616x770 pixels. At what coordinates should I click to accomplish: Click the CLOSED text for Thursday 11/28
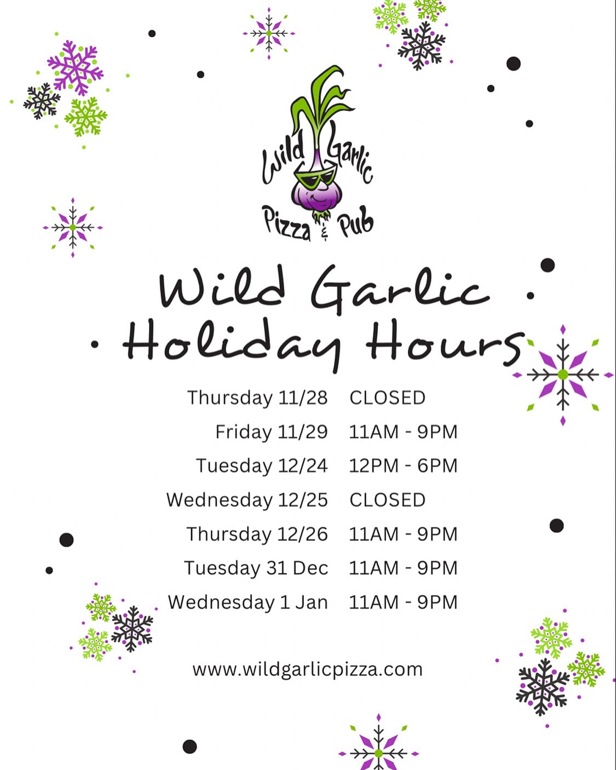(x=388, y=398)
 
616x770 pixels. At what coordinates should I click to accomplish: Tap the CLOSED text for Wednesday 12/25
(x=388, y=500)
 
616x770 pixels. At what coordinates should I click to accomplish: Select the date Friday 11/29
(x=272, y=432)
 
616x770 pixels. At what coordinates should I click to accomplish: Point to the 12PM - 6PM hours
(x=403, y=466)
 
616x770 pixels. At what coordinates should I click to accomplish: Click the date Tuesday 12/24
(x=262, y=466)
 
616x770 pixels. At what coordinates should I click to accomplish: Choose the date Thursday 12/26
(x=257, y=534)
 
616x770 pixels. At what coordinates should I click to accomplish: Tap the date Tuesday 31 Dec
(x=256, y=568)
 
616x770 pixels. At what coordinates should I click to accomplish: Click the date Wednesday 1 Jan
(x=248, y=602)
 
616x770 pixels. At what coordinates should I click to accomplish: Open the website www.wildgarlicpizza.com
(x=308, y=670)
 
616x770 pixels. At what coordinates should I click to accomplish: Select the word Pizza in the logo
(x=286, y=223)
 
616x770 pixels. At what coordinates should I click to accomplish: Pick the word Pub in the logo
(x=355, y=222)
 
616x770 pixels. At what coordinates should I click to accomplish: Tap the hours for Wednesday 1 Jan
(x=403, y=602)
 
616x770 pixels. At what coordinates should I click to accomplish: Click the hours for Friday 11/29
(x=403, y=432)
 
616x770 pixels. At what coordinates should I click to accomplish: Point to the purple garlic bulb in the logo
(x=317, y=193)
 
